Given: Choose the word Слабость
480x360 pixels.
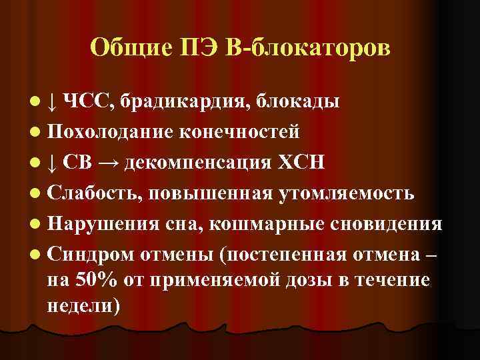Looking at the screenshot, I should point(95,193).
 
